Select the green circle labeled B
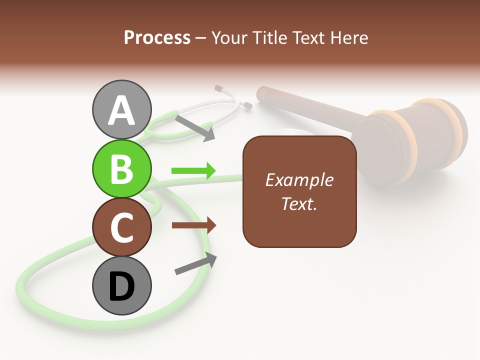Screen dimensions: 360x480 pos(121,168)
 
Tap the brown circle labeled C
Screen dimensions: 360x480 pos(121,227)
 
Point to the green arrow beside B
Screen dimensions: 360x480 pos(193,171)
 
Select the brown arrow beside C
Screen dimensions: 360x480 pos(194,225)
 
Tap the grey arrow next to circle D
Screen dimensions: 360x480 pos(195,263)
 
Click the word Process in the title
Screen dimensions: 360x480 pos(157,37)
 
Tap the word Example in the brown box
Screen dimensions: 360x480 pos(299,180)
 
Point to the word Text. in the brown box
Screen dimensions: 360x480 pos(299,204)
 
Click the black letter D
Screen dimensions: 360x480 pos(121,287)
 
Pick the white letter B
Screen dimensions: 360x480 pos(121,168)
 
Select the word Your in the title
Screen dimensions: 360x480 pos(227,37)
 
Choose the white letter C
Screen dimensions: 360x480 pos(121,227)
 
